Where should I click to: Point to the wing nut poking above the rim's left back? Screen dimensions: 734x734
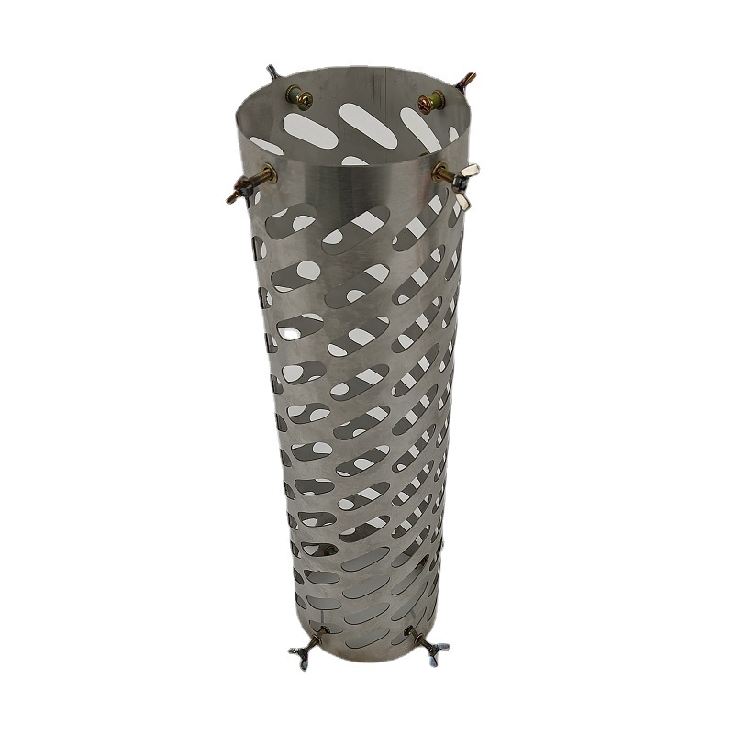point(272,72)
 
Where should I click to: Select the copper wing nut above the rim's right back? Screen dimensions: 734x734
point(469,81)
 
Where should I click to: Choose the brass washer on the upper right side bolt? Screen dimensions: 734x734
point(440,171)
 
